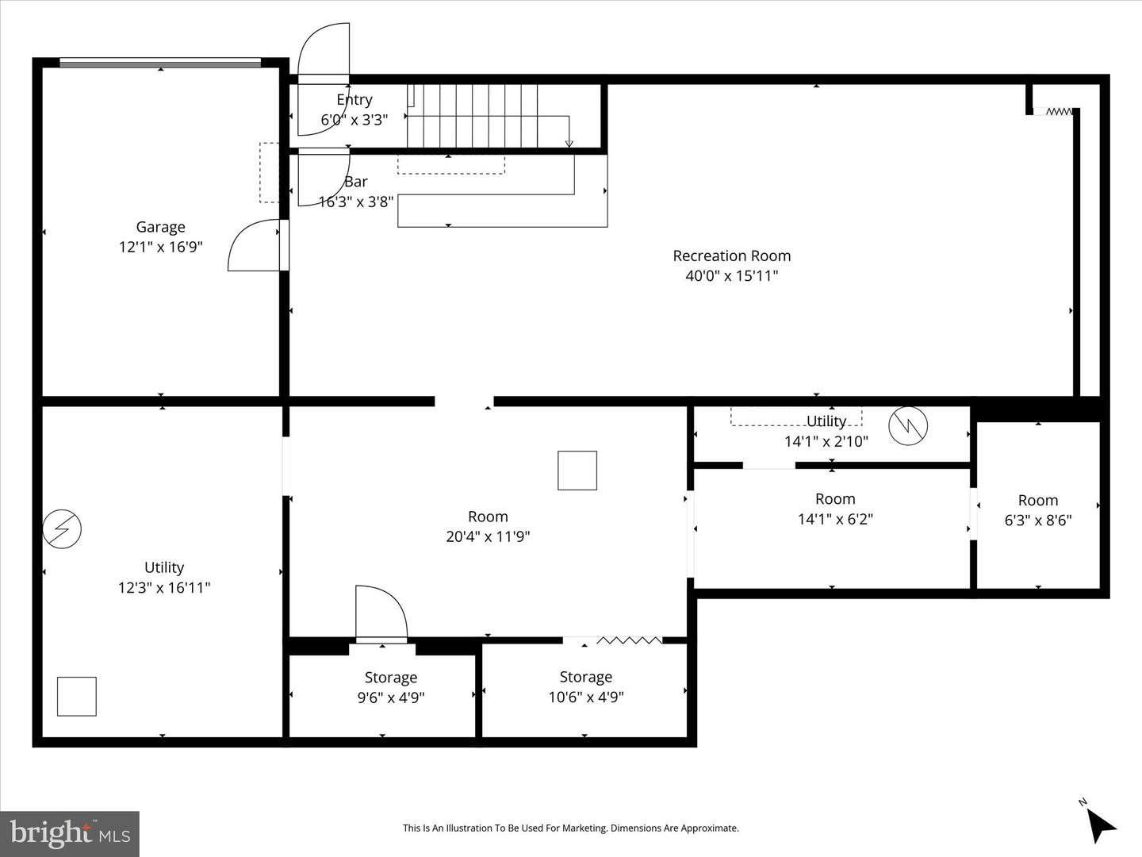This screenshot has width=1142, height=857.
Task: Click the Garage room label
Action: (x=160, y=228)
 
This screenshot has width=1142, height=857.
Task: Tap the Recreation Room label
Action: (x=731, y=256)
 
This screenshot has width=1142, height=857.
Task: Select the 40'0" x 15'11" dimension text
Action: (x=731, y=276)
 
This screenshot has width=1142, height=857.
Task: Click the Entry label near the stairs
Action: (x=354, y=100)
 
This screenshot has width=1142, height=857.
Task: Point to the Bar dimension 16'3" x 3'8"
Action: (x=356, y=202)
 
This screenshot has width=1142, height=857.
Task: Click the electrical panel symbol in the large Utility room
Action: (x=62, y=529)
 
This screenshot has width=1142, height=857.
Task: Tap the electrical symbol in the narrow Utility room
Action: (x=907, y=426)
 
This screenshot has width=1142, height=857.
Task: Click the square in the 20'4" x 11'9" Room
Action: (x=577, y=471)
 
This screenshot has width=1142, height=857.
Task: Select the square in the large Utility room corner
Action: (x=77, y=696)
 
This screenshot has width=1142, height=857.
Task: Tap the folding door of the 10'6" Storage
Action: (x=629, y=640)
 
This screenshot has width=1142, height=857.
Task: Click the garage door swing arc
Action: (x=254, y=246)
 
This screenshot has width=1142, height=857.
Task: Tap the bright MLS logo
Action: (x=70, y=833)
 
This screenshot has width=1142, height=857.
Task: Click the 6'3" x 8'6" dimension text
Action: (x=1037, y=521)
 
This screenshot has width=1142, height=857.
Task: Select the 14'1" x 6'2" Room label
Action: (x=834, y=499)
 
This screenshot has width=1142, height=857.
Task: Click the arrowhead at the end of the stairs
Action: (x=569, y=144)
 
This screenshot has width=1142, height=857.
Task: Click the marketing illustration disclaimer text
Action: (x=570, y=828)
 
